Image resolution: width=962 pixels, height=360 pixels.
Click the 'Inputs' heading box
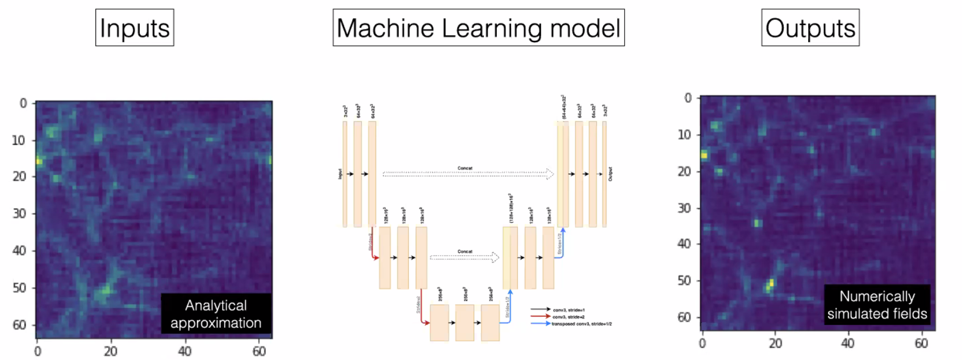[x=135, y=28]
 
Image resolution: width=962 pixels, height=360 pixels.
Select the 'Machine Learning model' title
[x=478, y=28]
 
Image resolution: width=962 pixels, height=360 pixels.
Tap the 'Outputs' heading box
[x=810, y=28]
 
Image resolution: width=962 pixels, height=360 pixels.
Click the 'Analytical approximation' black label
[x=216, y=313]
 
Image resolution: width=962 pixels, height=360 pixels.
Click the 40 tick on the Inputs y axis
[x=19, y=250]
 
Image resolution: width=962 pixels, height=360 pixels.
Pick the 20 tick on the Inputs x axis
[x=110, y=351]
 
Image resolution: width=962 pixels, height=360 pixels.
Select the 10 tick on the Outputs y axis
[x=684, y=135]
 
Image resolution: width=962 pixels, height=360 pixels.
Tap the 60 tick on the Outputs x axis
[x=921, y=343]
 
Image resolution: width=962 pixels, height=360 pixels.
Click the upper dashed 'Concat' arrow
[x=467, y=174]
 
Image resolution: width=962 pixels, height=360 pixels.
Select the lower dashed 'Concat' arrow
[x=464, y=257]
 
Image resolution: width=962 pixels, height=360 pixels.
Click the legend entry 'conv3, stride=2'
[x=568, y=317]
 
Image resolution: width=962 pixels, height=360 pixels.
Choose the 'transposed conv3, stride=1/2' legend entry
[x=581, y=324]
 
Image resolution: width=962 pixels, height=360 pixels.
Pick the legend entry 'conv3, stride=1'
[x=568, y=310]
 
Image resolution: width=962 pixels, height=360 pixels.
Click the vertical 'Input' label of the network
[x=340, y=174]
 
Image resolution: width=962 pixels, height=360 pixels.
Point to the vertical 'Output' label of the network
[x=610, y=174]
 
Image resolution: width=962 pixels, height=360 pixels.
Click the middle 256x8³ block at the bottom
[x=465, y=323]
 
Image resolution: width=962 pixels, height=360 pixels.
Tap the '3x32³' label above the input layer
[x=345, y=111]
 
